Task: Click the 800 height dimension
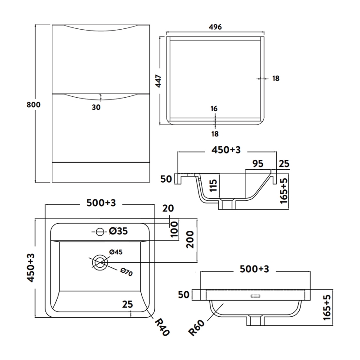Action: (34, 105)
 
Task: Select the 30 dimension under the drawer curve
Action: (96, 107)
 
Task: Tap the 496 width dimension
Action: (216, 27)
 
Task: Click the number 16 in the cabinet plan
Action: (214, 108)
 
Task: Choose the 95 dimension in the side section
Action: (257, 164)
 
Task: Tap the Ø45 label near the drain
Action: (116, 252)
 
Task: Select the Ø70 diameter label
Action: (126, 272)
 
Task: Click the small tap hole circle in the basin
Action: (99, 231)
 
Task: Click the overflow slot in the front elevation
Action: (255, 296)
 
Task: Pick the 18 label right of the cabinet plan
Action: (276, 79)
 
